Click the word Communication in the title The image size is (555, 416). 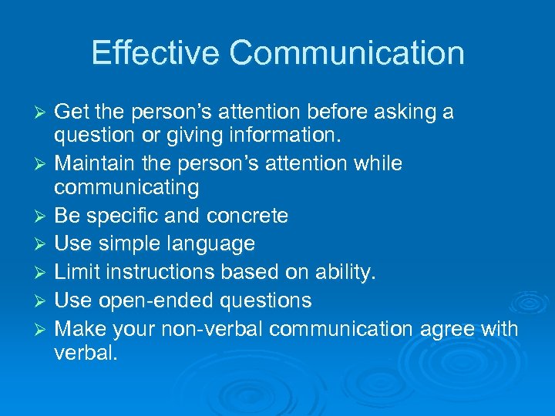coord(347,53)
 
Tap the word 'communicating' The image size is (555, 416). coord(126,188)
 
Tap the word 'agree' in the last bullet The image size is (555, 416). coord(448,330)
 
